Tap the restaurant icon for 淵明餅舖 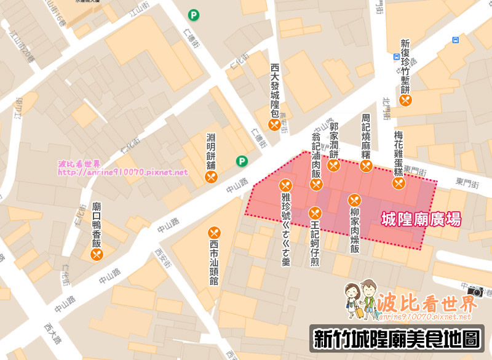click(x=211, y=177)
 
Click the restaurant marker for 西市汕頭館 click(x=215, y=233)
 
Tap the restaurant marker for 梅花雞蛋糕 click(x=399, y=182)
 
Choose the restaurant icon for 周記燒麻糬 click(x=366, y=166)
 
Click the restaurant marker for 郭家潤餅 click(x=334, y=166)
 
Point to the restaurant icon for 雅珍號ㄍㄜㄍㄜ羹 click(x=285, y=185)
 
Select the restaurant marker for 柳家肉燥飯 click(x=354, y=199)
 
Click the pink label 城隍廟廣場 click(x=421, y=218)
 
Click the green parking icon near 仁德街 click(x=194, y=15)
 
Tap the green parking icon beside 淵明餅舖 click(x=242, y=162)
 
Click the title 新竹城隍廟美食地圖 click(x=396, y=340)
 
